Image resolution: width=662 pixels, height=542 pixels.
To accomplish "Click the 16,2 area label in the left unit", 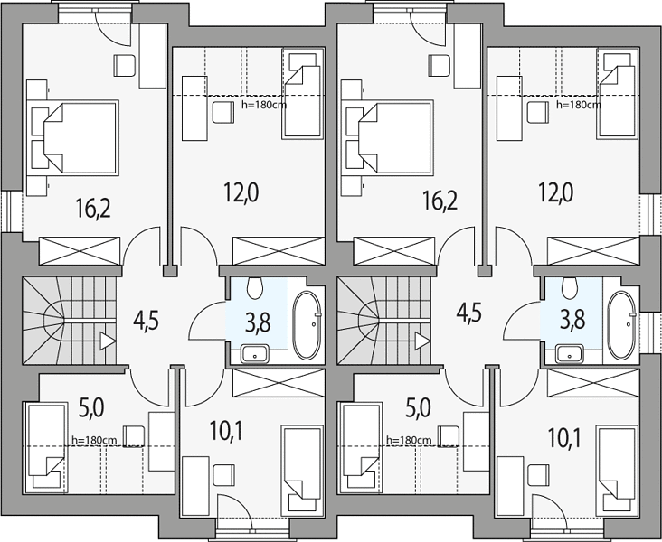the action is pos(93,208).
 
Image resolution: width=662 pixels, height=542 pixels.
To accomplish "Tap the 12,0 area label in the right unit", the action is pos(555,193).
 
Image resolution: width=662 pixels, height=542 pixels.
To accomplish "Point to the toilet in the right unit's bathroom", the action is pos(570,288).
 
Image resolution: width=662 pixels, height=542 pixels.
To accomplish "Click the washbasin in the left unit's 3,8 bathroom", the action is pos(255,353).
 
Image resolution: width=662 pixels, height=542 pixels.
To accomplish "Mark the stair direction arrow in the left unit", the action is pos(108,341).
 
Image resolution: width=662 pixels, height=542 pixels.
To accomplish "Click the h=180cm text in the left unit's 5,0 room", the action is pos(94,440).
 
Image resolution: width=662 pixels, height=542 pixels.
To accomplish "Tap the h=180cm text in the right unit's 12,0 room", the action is pos(579,105).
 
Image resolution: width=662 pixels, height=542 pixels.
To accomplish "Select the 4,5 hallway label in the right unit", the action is pos(468,313).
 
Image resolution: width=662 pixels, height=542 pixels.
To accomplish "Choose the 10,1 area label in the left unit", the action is pos(226,431).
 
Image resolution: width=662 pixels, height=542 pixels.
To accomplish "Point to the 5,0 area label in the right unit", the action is pos(418,408).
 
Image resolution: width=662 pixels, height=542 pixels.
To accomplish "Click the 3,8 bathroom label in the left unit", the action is pos(258,323).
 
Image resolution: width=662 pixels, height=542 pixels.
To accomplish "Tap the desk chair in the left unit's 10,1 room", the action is pos(223,475).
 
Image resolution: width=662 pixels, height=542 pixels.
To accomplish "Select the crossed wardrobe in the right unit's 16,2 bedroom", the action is pos(394,251).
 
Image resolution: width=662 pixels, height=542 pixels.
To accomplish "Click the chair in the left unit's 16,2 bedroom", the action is pos(125,66).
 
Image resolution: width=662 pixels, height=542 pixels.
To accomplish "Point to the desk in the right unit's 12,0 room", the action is pos(509,108).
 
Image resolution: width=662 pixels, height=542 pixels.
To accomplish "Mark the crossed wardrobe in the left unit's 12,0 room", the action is pos(279,251).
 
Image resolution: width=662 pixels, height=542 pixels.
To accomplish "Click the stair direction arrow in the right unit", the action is pos(422,341).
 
